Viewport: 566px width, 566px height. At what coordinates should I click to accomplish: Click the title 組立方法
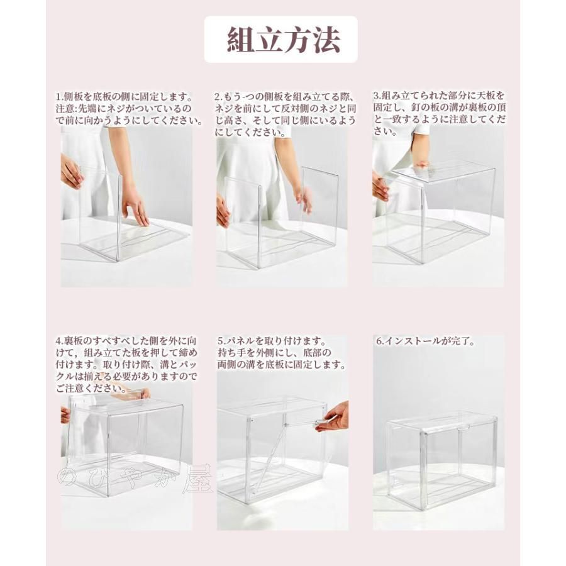(x=283, y=40)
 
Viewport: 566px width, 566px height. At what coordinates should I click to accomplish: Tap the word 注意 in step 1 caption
(x=65, y=109)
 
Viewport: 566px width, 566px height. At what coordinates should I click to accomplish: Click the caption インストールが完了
(x=428, y=341)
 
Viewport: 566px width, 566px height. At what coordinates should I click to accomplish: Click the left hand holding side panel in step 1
(x=71, y=172)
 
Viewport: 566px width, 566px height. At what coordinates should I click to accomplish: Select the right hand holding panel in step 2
(x=303, y=198)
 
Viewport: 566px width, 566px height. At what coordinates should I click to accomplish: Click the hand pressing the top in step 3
(x=420, y=165)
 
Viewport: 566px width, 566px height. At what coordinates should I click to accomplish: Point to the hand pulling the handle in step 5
(x=333, y=416)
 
